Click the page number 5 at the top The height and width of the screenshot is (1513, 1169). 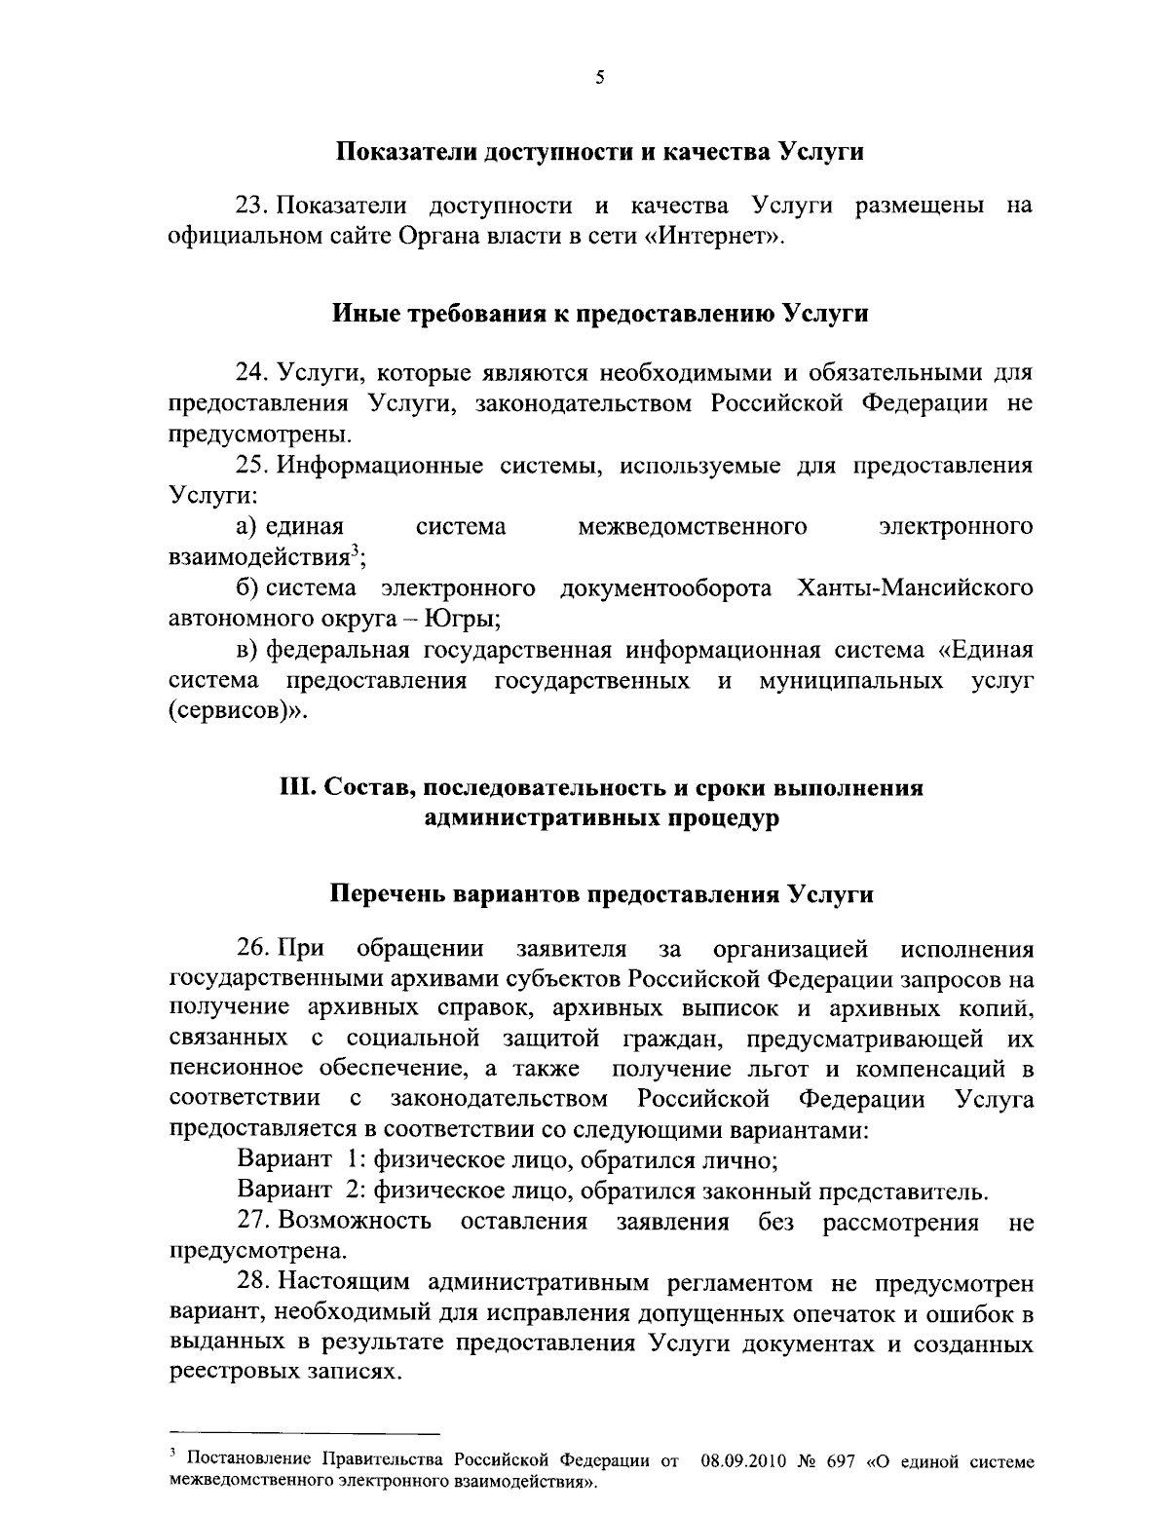point(599,79)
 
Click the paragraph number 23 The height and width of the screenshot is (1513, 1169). point(249,208)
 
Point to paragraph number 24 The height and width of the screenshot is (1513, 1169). point(249,373)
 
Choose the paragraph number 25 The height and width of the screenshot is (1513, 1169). point(249,466)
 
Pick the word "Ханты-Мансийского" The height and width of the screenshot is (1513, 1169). point(915,588)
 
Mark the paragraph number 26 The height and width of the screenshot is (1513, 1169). point(249,948)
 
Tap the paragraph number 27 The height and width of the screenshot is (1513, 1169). point(249,1222)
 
